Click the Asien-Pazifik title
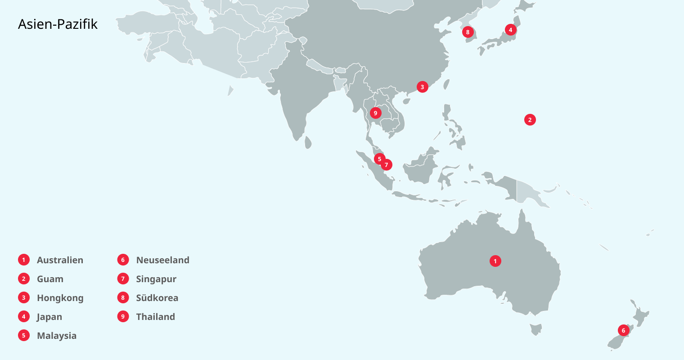pos(58,24)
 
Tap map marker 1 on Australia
pos(495,261)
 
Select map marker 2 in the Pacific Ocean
pos(530,120)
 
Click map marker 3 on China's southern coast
pos(422,87)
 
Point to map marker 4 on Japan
pos(510,30)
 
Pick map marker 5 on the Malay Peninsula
pos(379,159)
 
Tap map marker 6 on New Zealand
pos(623,330)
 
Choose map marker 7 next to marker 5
pos(387,165)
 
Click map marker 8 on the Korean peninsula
pos(468,32)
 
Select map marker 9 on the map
pos(375,113)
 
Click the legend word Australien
pos(60,260)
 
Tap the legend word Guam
pos(50,279)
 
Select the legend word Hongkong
pos(60,298)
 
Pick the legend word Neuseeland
pos(162,260)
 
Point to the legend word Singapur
pos(156,279)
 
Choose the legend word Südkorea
pos(157,298)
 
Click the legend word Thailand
pos(155,317)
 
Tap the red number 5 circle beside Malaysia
pos(24,336)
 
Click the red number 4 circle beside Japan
pos(24,317)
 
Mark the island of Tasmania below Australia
pos(535,329)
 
